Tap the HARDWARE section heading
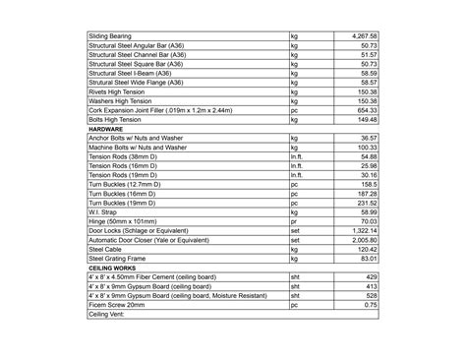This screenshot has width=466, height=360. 106,129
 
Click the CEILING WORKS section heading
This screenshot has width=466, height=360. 113,268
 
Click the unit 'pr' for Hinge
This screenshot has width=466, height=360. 294,221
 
